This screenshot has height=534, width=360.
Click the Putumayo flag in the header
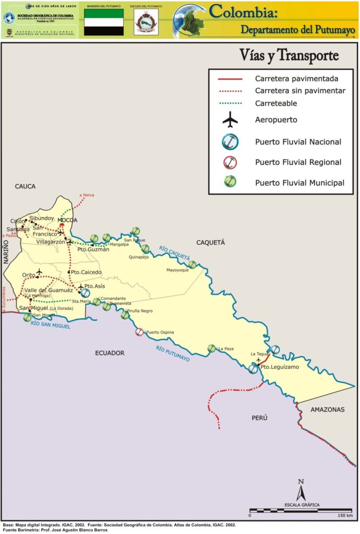tap(104, 21)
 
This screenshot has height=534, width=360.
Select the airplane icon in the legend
tap(230, 120)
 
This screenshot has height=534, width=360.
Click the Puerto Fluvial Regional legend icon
tap(230, 162)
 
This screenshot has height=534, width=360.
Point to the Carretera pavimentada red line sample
tap(230, 79)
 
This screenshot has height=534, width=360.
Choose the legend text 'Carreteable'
tap(276, 104)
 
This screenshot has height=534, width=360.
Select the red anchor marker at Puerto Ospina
tap(139, 332)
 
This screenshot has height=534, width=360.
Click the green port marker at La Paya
tap(212, 348)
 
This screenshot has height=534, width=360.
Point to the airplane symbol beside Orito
tap(39, 272)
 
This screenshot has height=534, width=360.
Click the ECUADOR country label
tap(110, 353)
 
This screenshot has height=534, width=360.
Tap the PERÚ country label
tap(259, 418)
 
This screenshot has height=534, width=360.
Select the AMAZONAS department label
tap(328, 409)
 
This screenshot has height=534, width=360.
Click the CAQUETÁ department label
tap(210, 242)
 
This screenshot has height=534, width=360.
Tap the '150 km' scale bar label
tap(345, 516)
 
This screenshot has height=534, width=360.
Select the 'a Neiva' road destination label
tap(87, 195)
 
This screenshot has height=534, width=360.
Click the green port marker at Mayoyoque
tap(191, 264)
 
